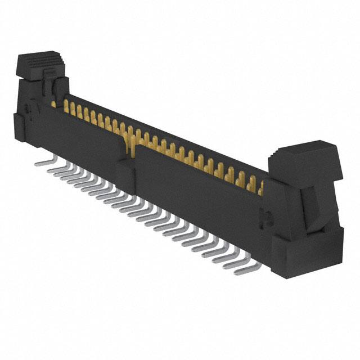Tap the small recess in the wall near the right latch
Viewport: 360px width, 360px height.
[268, 217]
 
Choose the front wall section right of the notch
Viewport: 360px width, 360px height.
[197, 197]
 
